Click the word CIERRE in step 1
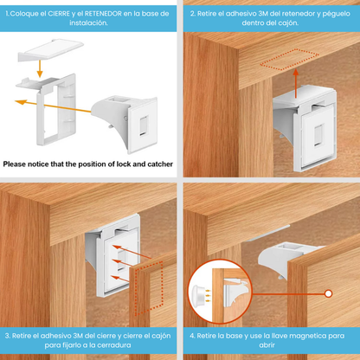pyautogui.click(x=59, y=14)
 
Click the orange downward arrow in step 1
pyautogui.click(x=40, y=67)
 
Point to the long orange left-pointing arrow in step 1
pyautogui.click(x=53, y=106)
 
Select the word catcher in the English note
pyautogui.click(x=160, y=164)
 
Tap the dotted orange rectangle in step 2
pyautogui.click(x=290, y=60)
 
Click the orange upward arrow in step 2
pyautogui.click(x=296, y=84)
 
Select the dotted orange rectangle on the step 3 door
pyautogui.click(x=149, y=288)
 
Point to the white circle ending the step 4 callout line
pyautogui.click(x=328, y=294)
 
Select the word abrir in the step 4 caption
pyautogui.click(x=267, y=345)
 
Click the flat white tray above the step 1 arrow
pyautogui.click(x=51, y=49)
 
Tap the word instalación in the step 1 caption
pyautogui.click(x=88, y=23)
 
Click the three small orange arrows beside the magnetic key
pyautogui.click(x=208, y=296)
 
